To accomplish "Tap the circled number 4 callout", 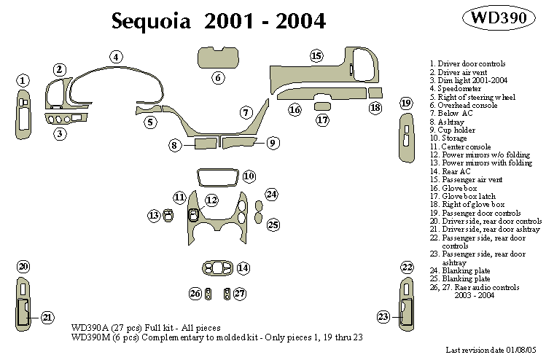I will [x=116, y=56].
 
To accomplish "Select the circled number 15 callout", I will [x=316, y=56].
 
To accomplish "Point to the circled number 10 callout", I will [x=249, y=176].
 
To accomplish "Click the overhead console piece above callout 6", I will [x=218, y=57].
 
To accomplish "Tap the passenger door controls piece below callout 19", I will [x=406, y=138].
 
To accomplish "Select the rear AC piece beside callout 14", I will [x=217, y=268].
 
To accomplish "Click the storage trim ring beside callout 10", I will [x=217, y=177].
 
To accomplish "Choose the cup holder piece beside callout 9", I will [x=241, y=142].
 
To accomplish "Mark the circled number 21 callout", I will [x=47, y=317].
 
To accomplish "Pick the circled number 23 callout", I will [x=383, y=316].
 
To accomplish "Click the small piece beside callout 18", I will [x=375, y=93].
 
